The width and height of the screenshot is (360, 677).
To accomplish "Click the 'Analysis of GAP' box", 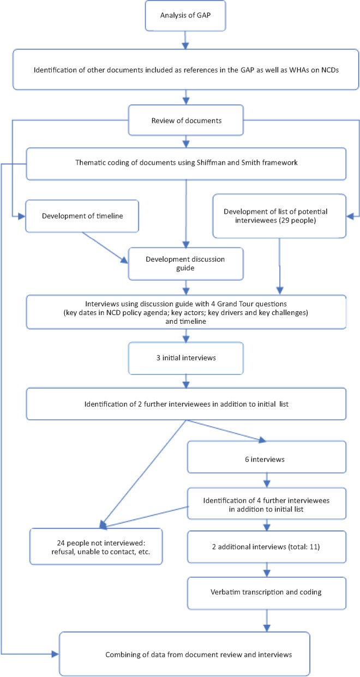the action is coord(185,16).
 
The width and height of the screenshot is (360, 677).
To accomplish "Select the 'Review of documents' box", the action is coord(186,120).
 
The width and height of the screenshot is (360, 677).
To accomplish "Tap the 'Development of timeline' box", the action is coord(82,216).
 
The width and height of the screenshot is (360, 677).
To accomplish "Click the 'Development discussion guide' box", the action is coord(186,264).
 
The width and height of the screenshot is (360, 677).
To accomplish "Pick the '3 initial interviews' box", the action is coord(186,358).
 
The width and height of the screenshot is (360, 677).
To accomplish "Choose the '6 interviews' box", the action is coord(267,457).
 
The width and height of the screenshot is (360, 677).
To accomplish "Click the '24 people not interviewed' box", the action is coord(96,546).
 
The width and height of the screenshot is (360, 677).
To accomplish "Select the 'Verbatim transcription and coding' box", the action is coord(267,593).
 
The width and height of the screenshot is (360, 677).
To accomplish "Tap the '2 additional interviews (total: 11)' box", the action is coord(267,547).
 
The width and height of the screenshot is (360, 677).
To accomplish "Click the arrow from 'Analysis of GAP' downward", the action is coord(185,40).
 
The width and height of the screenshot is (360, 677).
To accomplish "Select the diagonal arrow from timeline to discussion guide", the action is coord(105,248).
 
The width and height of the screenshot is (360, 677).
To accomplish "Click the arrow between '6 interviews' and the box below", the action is coord(267,480).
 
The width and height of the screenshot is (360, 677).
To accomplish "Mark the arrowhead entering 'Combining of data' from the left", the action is coord(55,654).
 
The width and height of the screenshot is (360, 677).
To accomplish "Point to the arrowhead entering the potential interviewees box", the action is coord(350,216).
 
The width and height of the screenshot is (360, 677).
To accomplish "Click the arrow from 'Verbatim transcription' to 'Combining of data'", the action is coord(267,621).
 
